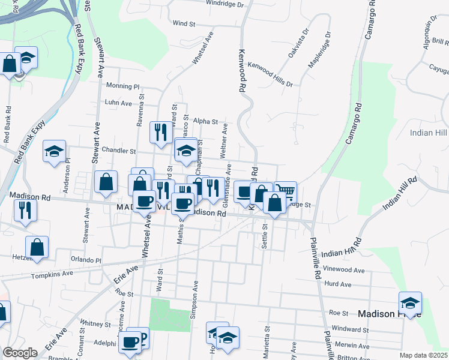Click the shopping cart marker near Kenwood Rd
pyautogui.click(x=287, y=192)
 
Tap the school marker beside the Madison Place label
pyautogui.click(x=411, y=302)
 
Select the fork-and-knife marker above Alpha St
pyautogui.click(x=160, y=132)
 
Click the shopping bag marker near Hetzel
pyautogui.click(x=37, y=247)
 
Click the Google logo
pyautogui.click(x=20, y=353)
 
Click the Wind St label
pyautogui.click(x=184, y=23)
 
